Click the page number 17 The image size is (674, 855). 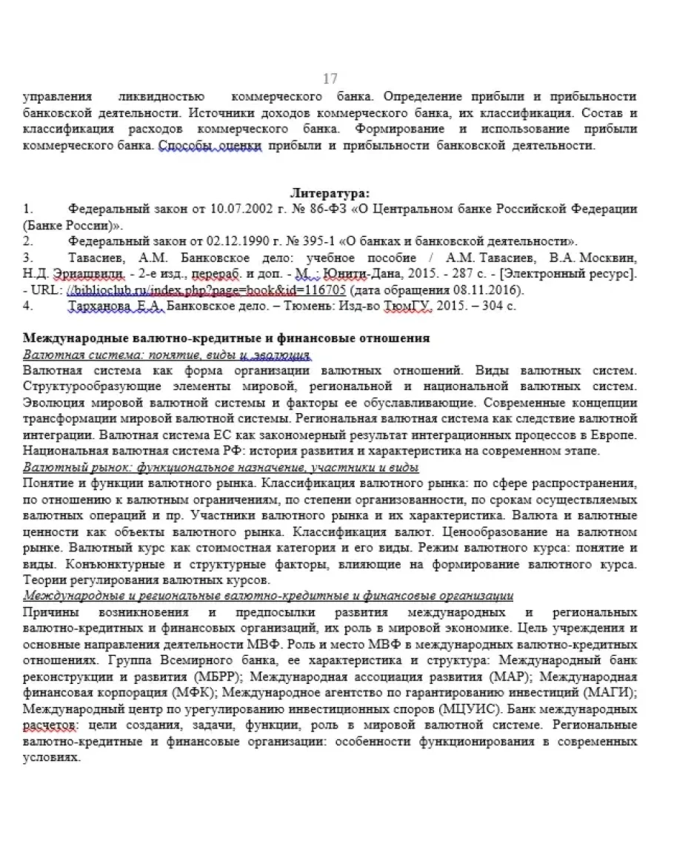(x=330, y=78)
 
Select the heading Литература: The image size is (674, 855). (x=330, y=192)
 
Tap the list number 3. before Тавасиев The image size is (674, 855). (x=27, y=258)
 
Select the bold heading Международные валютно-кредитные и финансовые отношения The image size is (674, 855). (x=226, y=338)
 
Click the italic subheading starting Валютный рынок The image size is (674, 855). (x=221, y=468)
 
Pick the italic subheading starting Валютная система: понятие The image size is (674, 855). (x=167, y=355)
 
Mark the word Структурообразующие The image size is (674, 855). (x=89, y=387)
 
